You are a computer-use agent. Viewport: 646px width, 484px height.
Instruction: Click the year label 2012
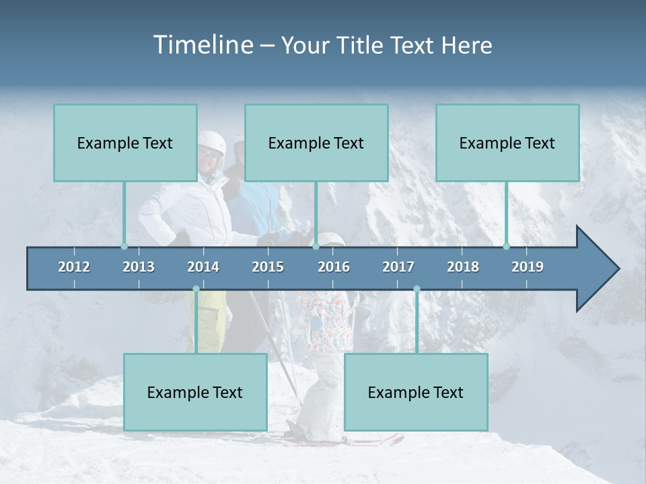[74, 267]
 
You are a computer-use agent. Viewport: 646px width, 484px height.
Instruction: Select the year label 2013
[139, 267]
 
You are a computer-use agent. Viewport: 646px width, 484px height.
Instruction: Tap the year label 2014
[203, 267]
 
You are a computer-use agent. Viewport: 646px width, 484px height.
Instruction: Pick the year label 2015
[268, 267]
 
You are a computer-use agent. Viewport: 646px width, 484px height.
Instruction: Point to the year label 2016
[334, 267]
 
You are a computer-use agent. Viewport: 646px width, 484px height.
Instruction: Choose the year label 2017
[398, 267]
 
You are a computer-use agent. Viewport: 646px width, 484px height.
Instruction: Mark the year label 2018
[463, 267]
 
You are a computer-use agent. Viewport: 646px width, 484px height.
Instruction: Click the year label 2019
[528, 267]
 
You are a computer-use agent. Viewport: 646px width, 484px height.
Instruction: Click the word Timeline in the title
[203, 45]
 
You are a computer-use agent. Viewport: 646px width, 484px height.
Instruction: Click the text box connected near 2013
[125, 143]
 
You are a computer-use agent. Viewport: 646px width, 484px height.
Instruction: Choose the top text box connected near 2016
[316, 143]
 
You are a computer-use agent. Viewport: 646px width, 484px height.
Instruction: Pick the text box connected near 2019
[507, 143]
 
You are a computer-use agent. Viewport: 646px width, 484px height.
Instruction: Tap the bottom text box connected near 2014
[195, 393]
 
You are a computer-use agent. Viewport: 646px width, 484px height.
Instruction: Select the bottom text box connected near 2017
[416, 393]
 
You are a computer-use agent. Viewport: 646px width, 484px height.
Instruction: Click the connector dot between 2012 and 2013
[124, 246]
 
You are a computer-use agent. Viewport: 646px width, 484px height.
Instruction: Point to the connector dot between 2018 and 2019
[507, 246]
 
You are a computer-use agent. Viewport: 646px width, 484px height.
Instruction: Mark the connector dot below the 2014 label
[196, 289]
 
